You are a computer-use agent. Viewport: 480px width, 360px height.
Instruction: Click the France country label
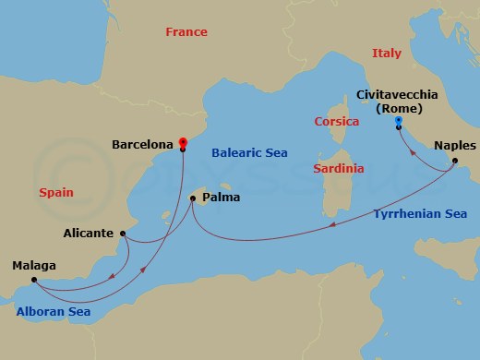click(x=186, y=31)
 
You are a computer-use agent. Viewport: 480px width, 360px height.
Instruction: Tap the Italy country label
click(x=387, y=54)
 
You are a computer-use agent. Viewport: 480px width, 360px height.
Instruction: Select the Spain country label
click(x=56, y=193)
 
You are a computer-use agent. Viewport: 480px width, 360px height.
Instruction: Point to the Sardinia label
click(x=338, y=169)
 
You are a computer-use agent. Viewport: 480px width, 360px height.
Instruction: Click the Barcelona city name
click(x=141, y=145)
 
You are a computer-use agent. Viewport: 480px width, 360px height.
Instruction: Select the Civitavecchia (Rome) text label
click(x=398, y=100)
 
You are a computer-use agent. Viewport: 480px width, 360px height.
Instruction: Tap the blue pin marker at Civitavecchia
click(x=398, y=120)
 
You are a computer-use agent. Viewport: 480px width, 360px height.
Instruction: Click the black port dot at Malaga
click(x=32, y=280)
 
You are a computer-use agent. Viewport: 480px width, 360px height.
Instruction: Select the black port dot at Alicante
click(x=123, y=234)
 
